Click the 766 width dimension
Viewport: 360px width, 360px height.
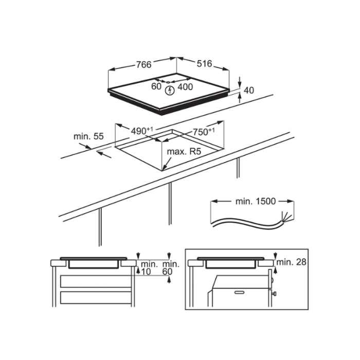click(144, 64)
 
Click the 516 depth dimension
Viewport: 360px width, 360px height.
click(204, 64)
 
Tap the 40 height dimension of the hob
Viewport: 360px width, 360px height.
click(248, 90)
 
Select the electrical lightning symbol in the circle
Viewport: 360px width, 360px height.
click(170, 91)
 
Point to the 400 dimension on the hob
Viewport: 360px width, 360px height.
click(185, 87)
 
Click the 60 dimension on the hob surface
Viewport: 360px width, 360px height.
click(156, 86)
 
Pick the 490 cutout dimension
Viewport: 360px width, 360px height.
click(141, 131)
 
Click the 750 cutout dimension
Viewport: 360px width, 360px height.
click(204, 132)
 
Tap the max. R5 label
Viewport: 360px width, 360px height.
click(184, 152)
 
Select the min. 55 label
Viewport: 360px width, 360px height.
click(88, 136)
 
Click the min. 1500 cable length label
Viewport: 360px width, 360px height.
click(256, 201)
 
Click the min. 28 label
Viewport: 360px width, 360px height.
click(292, 262)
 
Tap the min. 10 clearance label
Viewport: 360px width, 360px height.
click(149, 268)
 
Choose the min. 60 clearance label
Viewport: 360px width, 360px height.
click(171, 268)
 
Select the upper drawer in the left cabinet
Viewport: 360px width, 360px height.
click(96, 281)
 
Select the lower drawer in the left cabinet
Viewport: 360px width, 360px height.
click(96, 298)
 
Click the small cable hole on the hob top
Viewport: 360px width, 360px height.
click(168, 82)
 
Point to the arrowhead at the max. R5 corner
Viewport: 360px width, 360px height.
click(164, 169)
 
